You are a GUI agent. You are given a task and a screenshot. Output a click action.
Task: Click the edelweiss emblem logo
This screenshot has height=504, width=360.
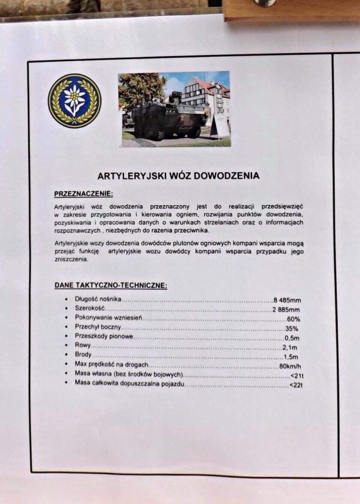pyautogui.click(x=74, y=101)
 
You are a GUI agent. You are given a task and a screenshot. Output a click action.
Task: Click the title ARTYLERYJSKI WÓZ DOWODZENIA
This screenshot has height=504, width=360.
pyautogui.click(x=178, y=176)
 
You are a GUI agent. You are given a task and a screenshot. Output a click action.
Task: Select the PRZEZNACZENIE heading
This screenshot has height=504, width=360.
pyautogui.click(x=83, y=194)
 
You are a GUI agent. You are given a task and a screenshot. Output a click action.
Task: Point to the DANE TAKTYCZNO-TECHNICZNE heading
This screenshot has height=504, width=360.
pyautogui.click(x=110, y=285)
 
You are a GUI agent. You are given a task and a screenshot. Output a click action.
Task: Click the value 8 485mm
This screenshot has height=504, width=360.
pyautogui.click(x=287, y=300)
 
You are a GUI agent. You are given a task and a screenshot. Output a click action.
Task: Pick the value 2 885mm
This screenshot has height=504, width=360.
pyautogui.click(x=286, y=310)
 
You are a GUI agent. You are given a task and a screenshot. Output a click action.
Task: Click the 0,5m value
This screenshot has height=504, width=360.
pyautogui.click(x=292, y=338)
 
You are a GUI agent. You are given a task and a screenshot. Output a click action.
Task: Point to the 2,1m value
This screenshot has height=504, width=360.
pyautogui.click(x=291, y=347)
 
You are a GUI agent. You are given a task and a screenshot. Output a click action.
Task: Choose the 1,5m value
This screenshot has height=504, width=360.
pyautogui.click(x=291, y=357)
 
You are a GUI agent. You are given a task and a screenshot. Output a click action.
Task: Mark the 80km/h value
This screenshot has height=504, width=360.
pyautogui.click(x=290, y=366)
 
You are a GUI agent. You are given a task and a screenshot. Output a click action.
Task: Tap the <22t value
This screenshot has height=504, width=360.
pyautogui.click(x=296, y=385)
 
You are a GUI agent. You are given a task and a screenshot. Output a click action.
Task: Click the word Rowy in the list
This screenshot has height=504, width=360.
pyautogui.click(x=83, y=346)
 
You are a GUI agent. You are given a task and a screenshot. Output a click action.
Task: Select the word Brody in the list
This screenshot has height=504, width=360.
pyautogui.click(x=83, y=355)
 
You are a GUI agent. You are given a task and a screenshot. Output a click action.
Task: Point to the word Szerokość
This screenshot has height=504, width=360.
pyautogui.click(x=90, y=308)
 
